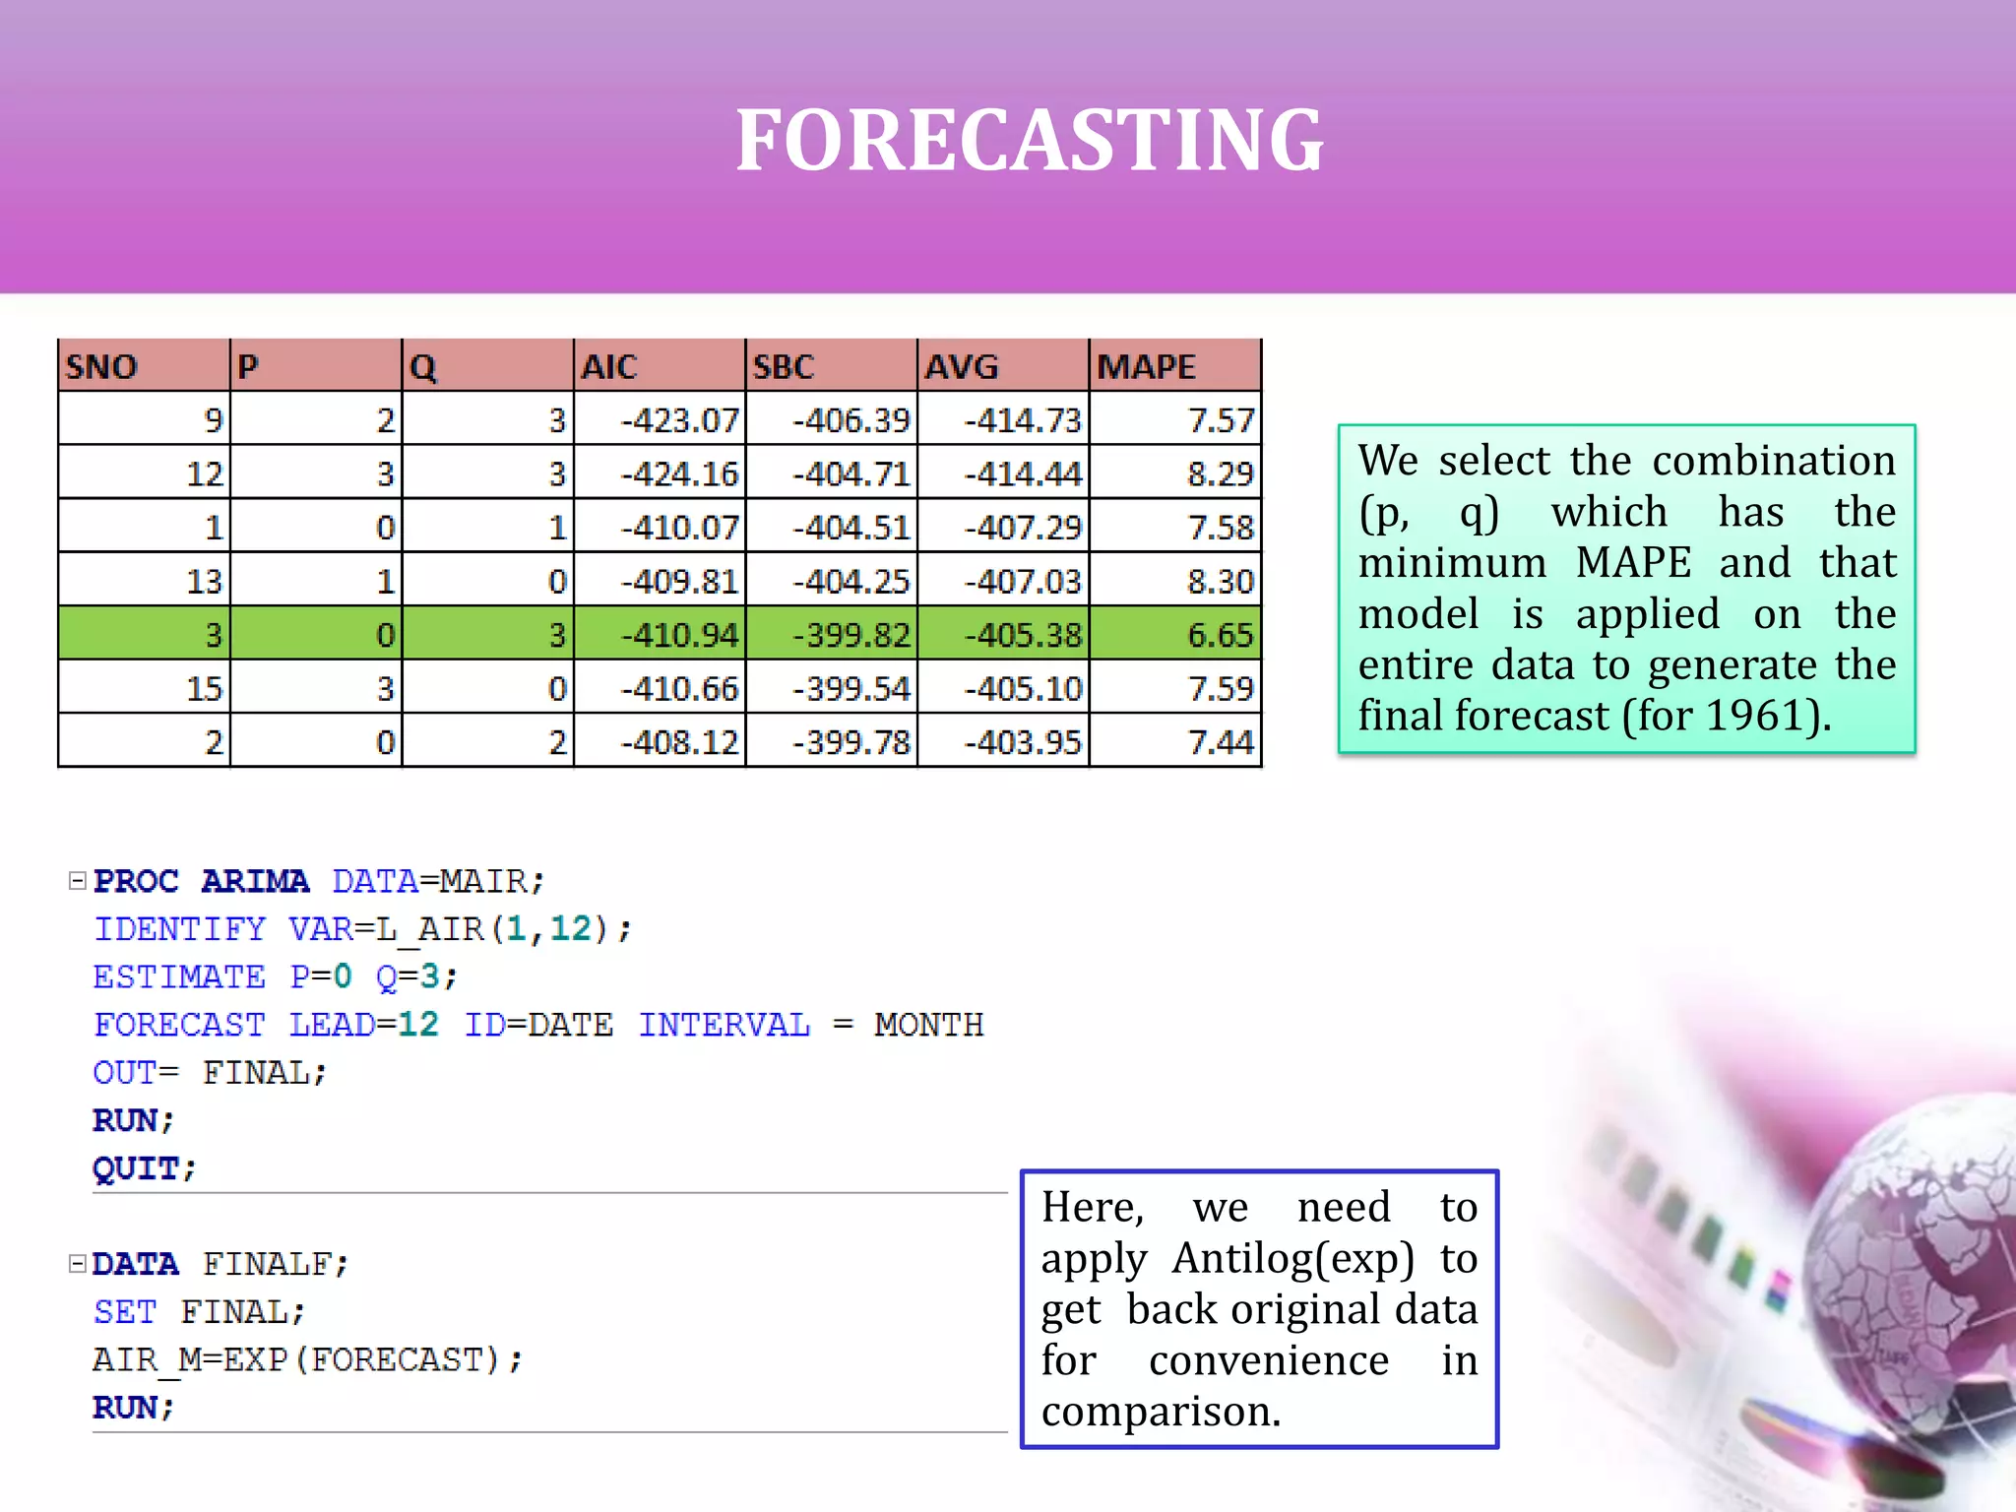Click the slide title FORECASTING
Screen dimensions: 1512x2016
(1030, 141)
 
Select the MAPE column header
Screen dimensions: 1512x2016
(1147, 367)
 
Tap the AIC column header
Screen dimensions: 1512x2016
(609, 367)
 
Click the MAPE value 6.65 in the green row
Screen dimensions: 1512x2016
(1221, 635)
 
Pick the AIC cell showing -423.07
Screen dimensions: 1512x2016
(680, 421)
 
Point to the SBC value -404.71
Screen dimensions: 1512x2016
(851, 474)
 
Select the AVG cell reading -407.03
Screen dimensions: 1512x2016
(1023, 582)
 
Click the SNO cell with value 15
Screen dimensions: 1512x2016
(205, 689)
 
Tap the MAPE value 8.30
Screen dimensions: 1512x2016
(1221, 582)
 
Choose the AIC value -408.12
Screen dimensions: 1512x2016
(680, 742)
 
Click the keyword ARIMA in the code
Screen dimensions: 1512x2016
(255, 881)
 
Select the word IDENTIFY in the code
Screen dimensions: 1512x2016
(179, 929)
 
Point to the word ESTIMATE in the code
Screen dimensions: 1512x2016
(179, 976)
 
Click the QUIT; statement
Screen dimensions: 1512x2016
(144, 1168)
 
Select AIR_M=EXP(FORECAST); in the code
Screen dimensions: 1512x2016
(307, 1360)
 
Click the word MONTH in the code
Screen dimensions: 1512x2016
(928, 1025)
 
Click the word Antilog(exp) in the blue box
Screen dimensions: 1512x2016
(1293, 1259)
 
